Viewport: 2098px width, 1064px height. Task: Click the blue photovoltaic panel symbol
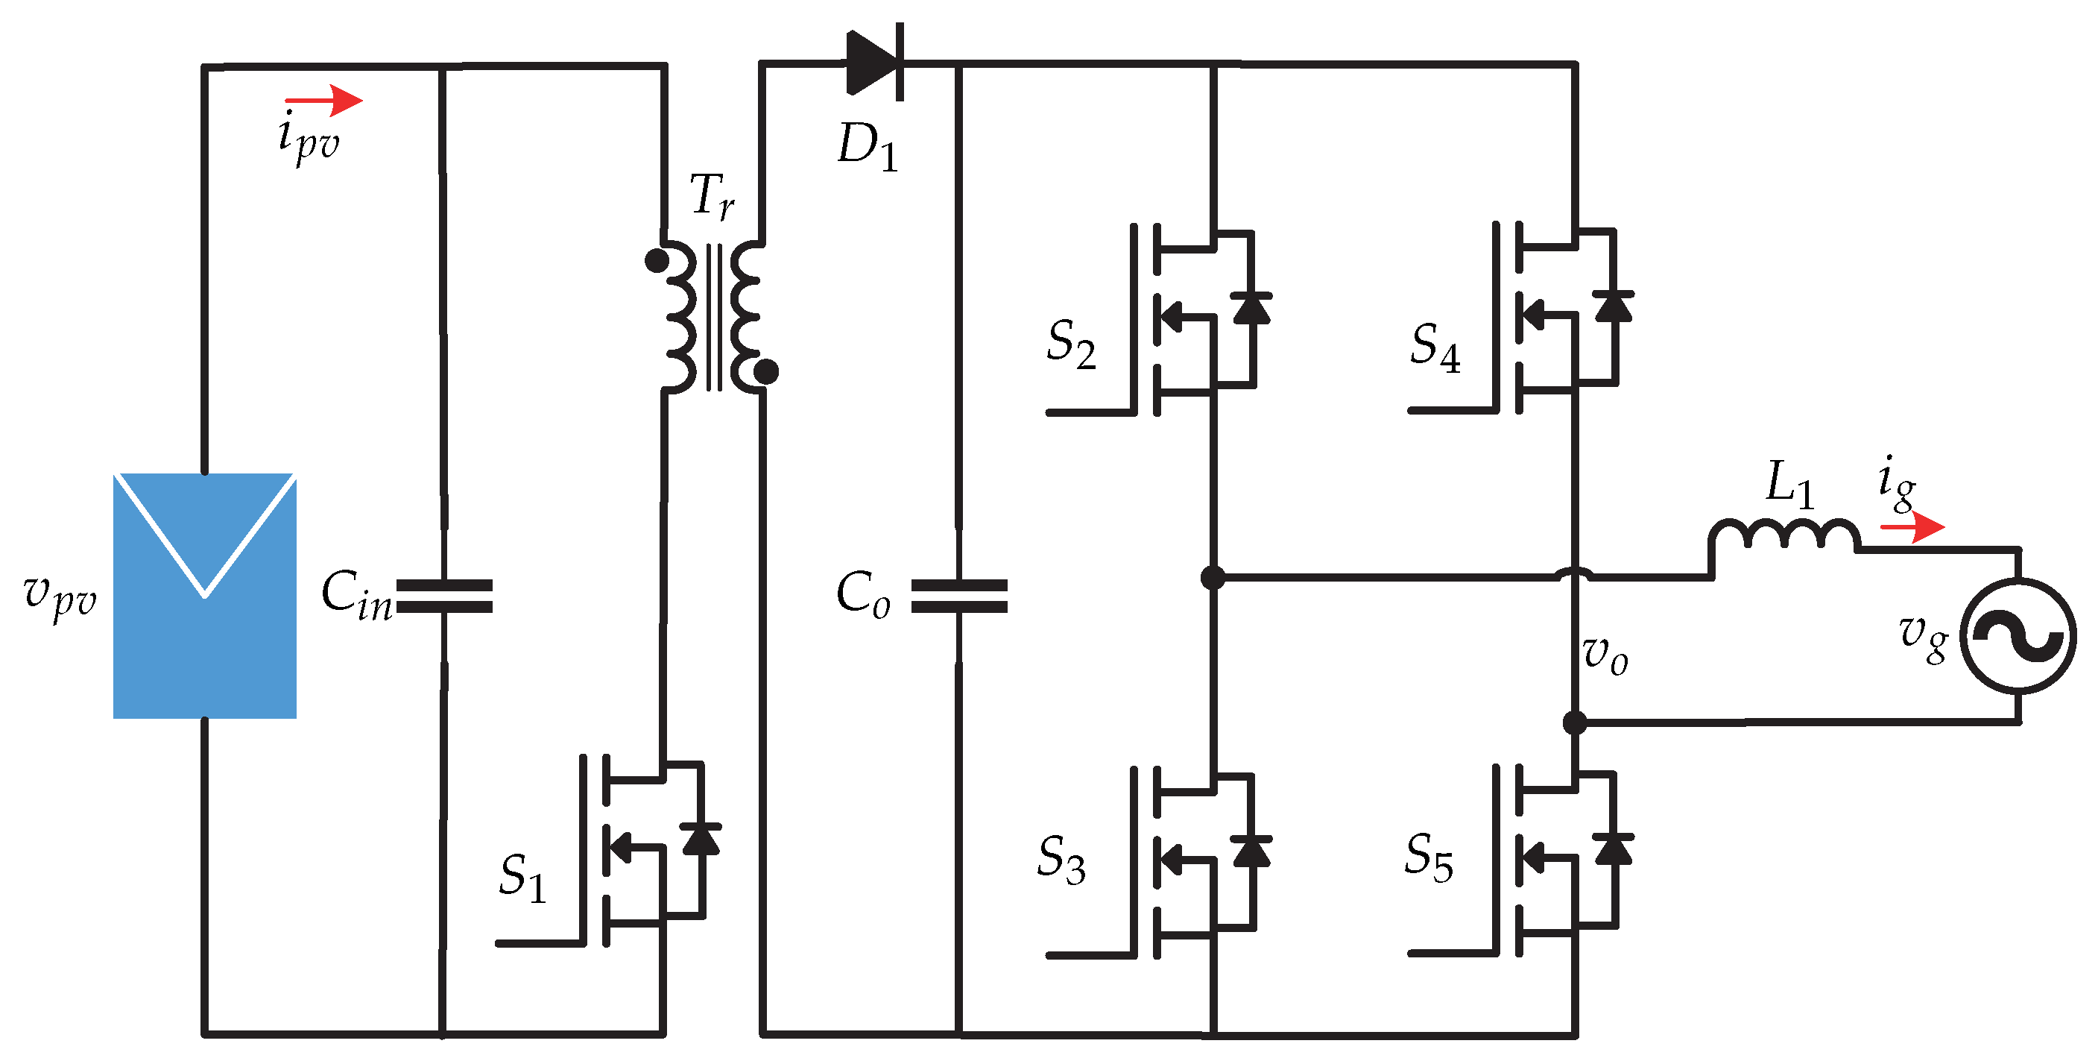(204, 595)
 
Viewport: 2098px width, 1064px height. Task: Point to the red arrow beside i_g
(1913, 527)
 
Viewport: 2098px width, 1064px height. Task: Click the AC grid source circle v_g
(2017, 636)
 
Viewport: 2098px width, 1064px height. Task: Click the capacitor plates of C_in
(444, 596)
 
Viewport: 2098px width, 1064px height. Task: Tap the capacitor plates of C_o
(958, 596)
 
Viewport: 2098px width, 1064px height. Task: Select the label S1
(521, 878)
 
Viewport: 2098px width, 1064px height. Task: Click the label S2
(1070, 344)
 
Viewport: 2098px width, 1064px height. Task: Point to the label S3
(1061, 859)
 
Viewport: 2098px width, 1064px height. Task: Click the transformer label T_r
(712, 196)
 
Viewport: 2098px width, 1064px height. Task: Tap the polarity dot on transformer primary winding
(657, 261)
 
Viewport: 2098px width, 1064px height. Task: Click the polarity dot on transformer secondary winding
(765, 371)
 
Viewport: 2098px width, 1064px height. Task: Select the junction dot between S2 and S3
(1213, 578)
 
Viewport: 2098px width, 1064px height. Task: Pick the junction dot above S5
(1575, 722)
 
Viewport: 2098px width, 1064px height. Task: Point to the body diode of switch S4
(1613, 309)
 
